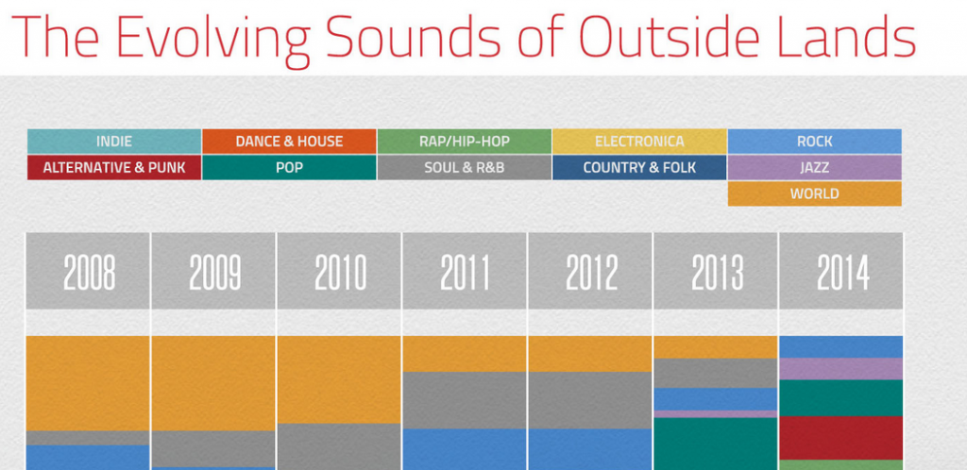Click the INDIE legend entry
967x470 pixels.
[114, 141]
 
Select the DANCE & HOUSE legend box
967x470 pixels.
[289, 141]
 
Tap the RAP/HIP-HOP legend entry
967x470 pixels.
[465, 141]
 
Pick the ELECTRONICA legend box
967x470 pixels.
[639, 141]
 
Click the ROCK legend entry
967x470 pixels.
[815, 141]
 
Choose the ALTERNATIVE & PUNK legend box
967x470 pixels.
[114, 168]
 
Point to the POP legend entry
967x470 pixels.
[289, 168]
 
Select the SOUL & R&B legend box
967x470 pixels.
[465, 168]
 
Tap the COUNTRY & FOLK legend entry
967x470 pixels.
[639, 168]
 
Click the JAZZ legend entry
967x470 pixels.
[815, 168]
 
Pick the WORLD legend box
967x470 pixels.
[815, 193]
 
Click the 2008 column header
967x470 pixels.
[88, 271]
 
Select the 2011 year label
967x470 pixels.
[465, 272]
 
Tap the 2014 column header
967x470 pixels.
[841, 271]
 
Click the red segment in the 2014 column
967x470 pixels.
[841, 438]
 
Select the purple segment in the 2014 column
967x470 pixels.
[841, 369]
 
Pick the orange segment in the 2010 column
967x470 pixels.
[339, 379]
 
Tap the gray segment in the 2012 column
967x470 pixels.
[590, 400]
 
